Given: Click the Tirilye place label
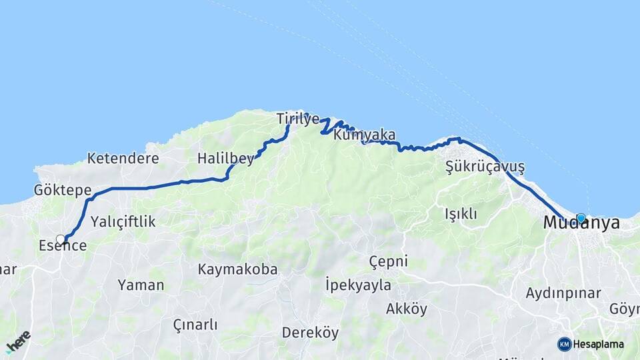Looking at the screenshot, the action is [298, 119].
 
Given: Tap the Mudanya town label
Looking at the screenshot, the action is [581, 224].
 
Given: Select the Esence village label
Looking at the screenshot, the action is [63, 246].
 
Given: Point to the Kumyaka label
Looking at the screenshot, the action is [365, 135].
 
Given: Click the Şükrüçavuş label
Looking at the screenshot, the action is [485, 167].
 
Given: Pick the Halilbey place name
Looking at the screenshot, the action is [225, 159].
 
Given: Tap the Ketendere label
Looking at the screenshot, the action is [123, 159].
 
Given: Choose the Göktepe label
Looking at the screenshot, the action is [63, 191].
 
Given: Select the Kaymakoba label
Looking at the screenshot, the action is [237, 269].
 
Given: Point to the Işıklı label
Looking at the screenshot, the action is [461, 214].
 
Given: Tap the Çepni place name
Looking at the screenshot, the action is [388, 261].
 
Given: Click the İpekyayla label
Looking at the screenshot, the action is [358, 285].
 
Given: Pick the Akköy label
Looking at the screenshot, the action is [407, 309].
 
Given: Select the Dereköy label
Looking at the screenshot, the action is [310, 332].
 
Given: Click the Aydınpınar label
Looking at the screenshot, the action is [563, 293].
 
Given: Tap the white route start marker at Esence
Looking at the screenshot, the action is [61, 239].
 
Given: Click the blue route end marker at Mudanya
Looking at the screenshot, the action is [581, 218].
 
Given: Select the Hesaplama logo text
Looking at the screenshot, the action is [598, 345].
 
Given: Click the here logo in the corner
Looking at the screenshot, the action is [18, 342].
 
